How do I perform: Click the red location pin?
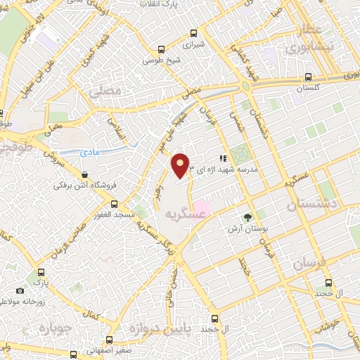coord(181,165)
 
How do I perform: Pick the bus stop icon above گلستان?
coord(308,79)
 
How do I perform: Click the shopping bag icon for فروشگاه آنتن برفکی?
coord(84,174)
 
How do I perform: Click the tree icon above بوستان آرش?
coord(247,217)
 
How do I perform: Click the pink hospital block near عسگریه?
coord(199,209)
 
